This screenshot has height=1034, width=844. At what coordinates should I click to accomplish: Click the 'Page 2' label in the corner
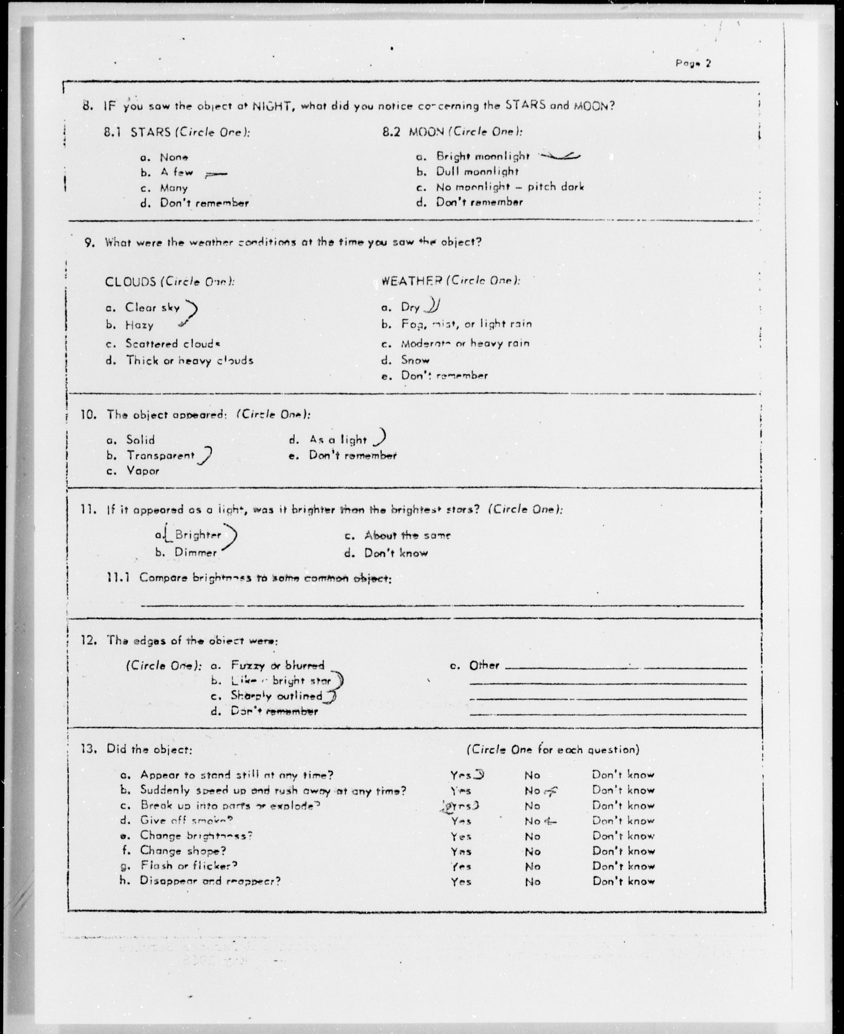(693, 63)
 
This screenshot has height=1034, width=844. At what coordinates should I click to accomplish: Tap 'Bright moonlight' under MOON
(482, 156)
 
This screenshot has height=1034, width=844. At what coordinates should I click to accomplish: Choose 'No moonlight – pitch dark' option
(509, 187)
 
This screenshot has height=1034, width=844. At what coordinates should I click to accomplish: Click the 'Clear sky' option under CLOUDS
(152, 307)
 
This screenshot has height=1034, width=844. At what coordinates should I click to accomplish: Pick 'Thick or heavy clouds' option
(190, 360)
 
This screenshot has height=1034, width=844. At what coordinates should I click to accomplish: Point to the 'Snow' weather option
(415, 360)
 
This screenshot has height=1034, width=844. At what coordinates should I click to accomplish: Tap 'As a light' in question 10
(338, 440)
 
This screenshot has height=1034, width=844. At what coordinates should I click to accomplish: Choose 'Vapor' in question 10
(143, 471)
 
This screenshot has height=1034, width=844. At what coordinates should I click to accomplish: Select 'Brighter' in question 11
(198, 535)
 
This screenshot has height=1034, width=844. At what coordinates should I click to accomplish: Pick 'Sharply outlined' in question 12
(276, 696)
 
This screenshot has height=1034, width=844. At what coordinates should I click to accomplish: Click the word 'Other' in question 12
(484, 665)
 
